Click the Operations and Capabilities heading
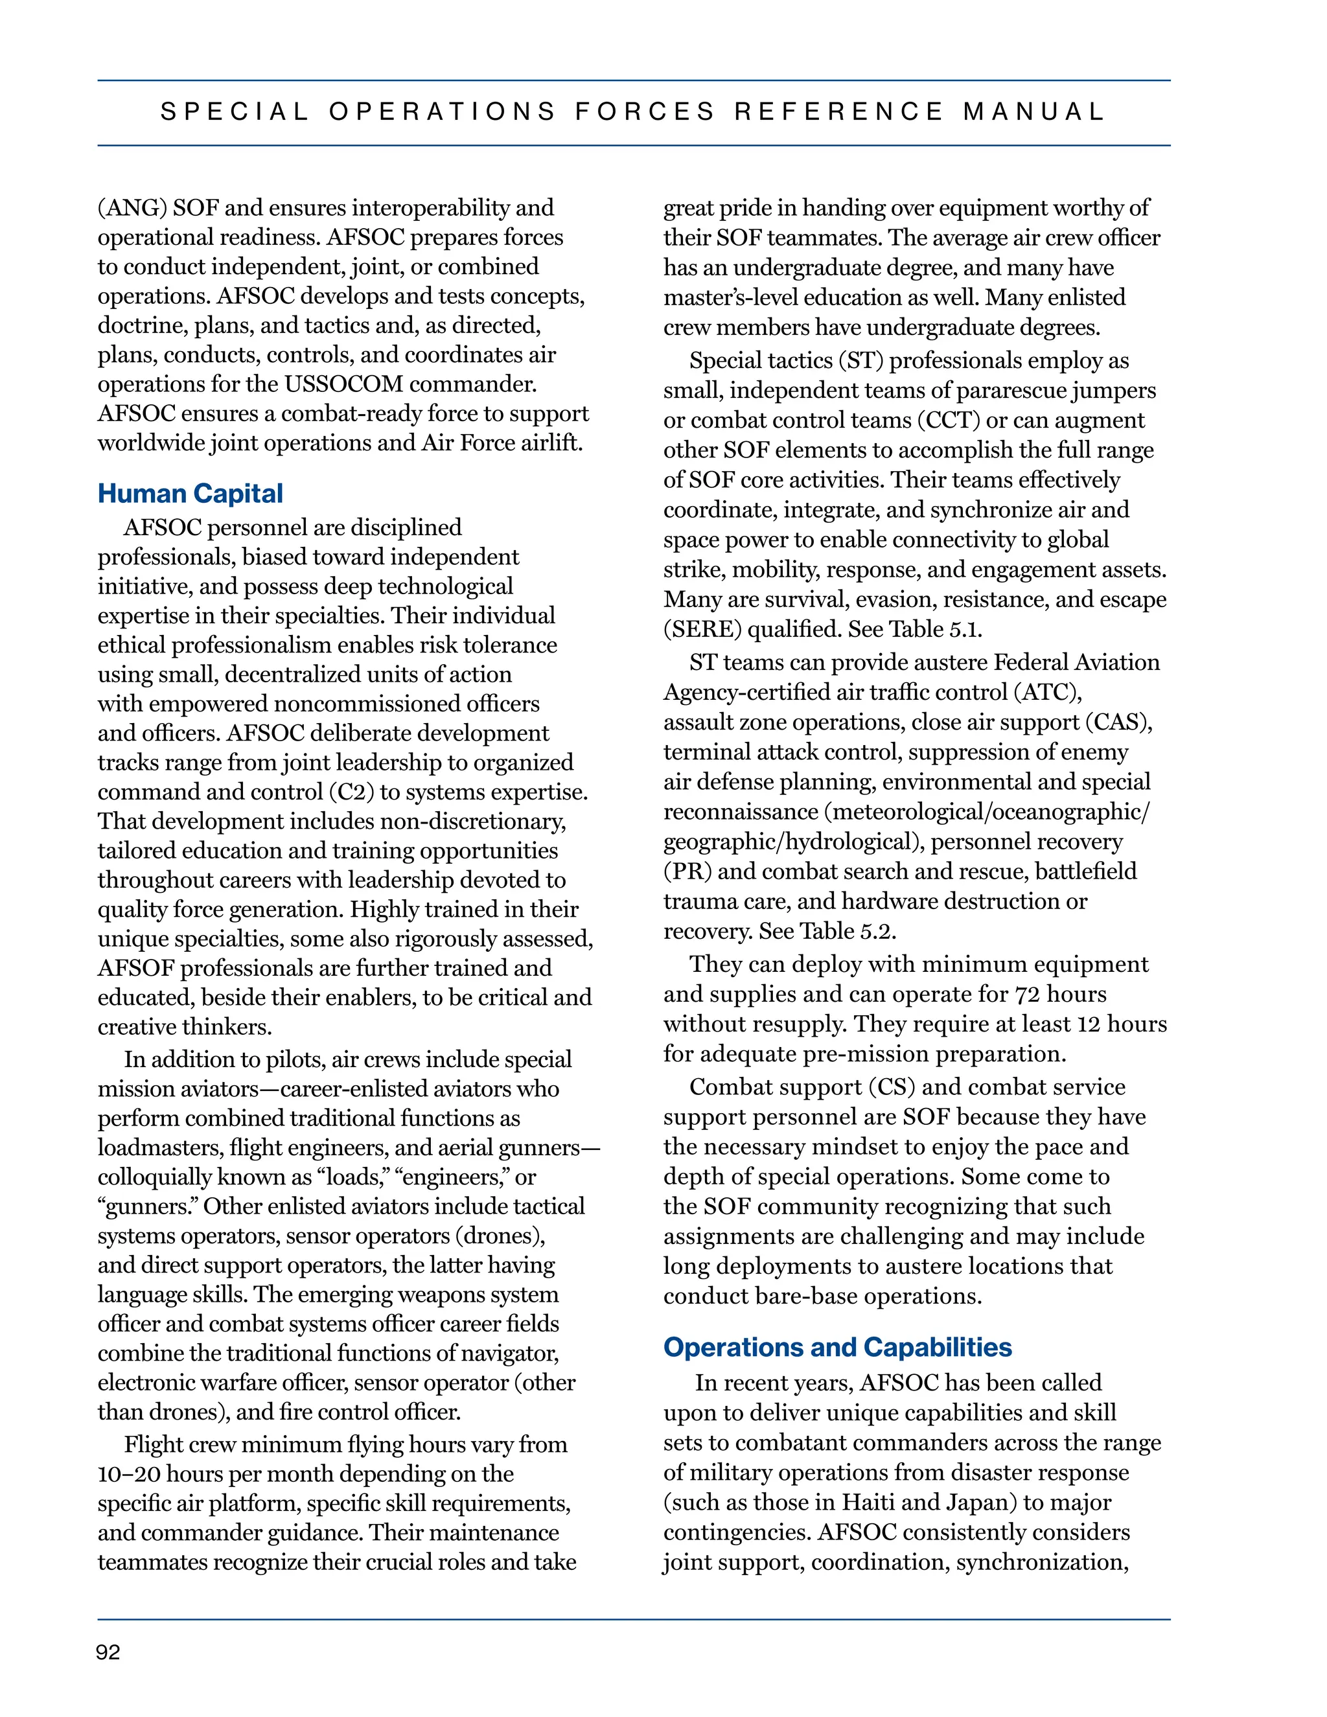[837, 1348]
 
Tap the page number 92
[108, 1653]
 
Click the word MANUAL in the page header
[1033, 111]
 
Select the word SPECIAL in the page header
[235, 111]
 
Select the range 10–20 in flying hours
[129, 1474]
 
